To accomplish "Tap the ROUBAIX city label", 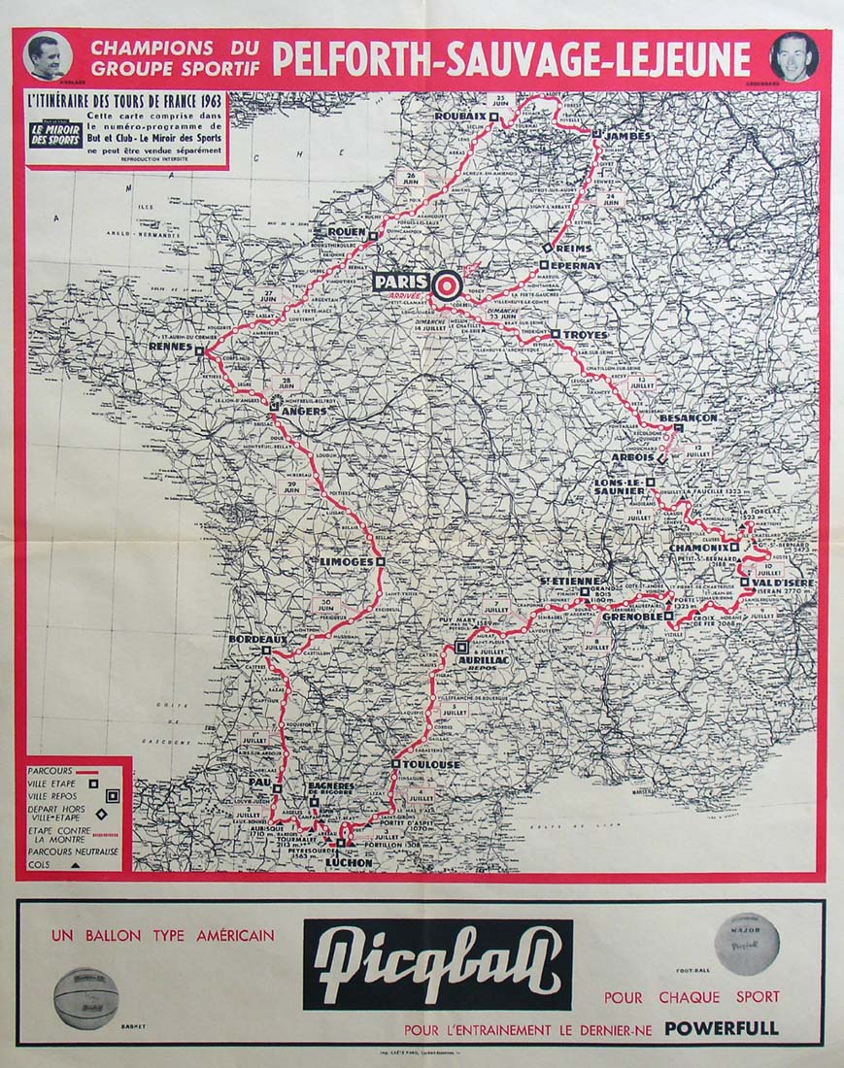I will tap(459, 117).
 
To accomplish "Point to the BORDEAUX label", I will tap(256, 640).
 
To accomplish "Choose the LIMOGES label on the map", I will tap(346, 562).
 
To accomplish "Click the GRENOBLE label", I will tap(631, 617).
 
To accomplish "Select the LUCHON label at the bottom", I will tap(348, 861).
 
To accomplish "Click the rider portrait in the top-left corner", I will tap(47, 56).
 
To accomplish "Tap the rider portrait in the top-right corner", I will tap(793, 56).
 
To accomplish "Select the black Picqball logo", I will tap(437, 965).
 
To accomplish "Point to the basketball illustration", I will tap(85, 997).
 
